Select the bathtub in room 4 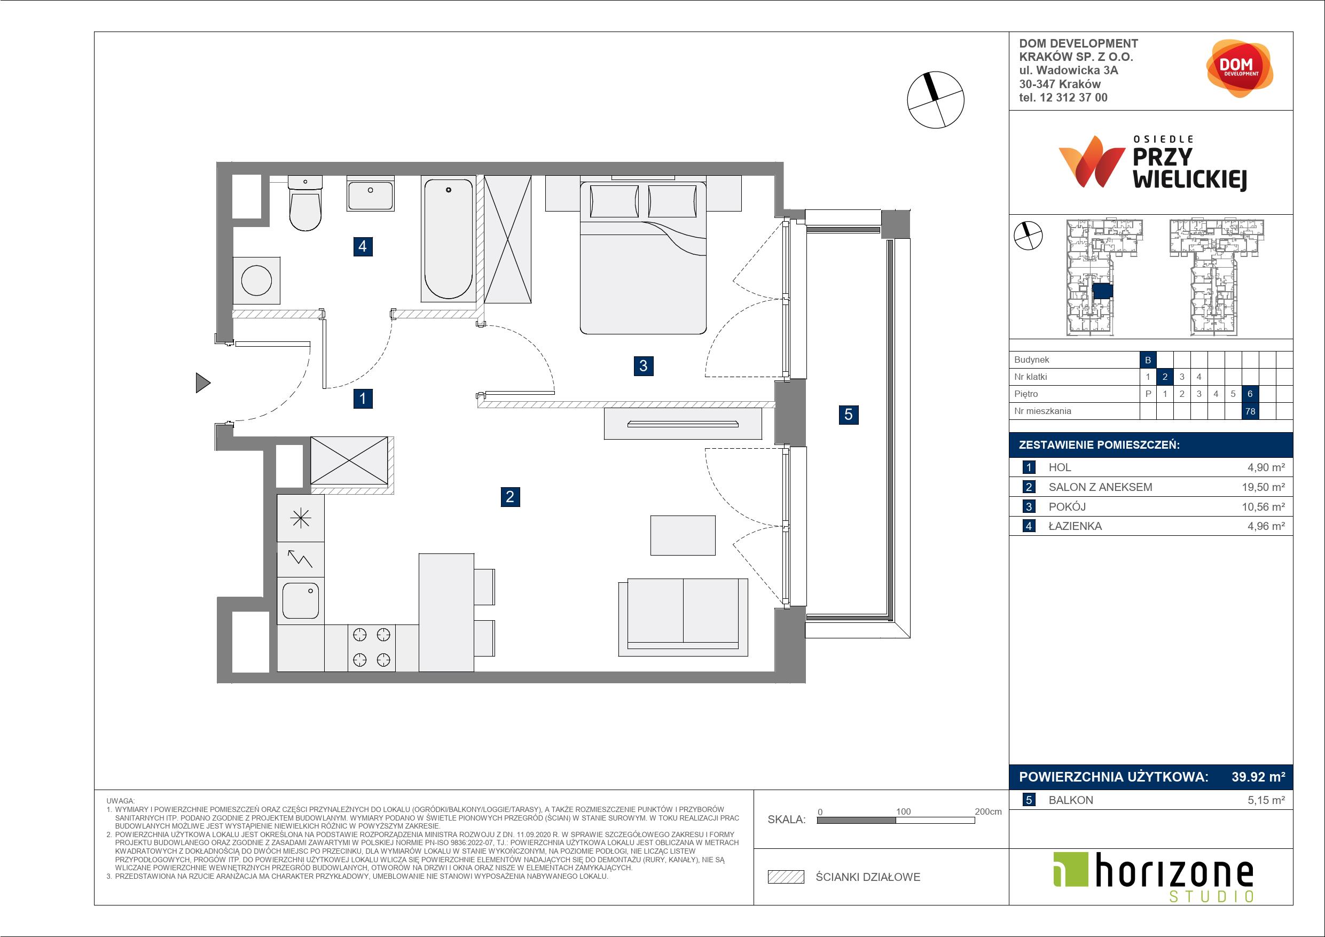[449, 239]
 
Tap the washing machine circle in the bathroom [256, 281]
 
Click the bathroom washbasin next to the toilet [371, 194]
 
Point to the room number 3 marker [644, 365]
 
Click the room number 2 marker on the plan [509, 496]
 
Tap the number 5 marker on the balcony [848, 414]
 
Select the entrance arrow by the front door [203, 383]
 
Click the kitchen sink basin [301, 600]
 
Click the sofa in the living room [683, 617]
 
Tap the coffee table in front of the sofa [683, 535]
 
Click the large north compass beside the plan [936, 100]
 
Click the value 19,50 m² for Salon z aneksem [1263, 487]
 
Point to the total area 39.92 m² [1258, 777]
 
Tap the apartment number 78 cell [1250, 411]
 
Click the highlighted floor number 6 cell [1250, 394]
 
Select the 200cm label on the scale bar [988, 811]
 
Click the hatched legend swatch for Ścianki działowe [786, 877]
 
